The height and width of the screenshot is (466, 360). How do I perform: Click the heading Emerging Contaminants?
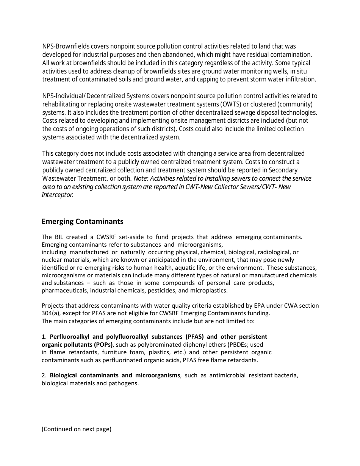coord(82,221)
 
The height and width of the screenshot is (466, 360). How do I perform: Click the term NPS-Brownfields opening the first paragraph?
coord(66,46)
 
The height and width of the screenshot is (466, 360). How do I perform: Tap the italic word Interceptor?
coord(58,195)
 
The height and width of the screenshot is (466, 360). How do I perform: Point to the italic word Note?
coord(141,178)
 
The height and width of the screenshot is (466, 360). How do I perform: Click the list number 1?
coord(44,337)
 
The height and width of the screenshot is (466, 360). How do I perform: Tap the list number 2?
coord(44,375)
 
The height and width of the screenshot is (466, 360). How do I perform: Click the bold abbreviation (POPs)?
coord(103,344)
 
